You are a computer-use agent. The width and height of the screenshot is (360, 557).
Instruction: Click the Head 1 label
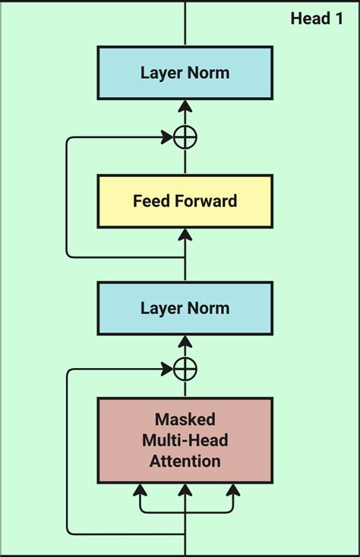[x=317, y=18]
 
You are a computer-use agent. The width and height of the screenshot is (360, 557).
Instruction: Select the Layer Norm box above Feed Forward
[x=185, y=74]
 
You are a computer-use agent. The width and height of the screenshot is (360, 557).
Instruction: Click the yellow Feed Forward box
[x=185, y=201]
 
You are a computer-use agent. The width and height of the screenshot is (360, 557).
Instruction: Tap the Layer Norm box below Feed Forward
[x=185, y=308]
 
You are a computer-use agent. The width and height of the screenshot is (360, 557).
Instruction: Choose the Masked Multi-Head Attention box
[x=185, y=440]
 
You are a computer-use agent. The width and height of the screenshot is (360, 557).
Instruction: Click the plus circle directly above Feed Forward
[x=185, y=138]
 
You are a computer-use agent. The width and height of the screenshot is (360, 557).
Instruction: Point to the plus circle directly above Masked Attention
[x=185, y=370]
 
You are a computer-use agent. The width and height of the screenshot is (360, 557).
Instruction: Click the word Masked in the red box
[x=185, y=420]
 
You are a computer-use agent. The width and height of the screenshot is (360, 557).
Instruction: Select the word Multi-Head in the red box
[x=185, y=440]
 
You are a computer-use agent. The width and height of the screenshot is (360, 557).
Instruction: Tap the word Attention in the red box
[x=185, y=461]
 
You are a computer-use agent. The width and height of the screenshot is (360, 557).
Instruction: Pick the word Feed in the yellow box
[x=150, y=201]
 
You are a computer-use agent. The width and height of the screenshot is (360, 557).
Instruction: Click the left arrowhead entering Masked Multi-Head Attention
[x=139, y=490]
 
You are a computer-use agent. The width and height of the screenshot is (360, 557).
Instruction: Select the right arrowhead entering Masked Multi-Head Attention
[x=232, y=490]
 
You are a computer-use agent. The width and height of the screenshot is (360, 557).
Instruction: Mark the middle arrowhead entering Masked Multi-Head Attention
[x=185, y=490]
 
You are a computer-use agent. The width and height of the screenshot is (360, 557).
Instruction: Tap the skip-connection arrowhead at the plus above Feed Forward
[x=167, y=138]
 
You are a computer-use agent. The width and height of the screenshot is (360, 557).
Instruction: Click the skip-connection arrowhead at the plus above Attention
[x=167, y=370]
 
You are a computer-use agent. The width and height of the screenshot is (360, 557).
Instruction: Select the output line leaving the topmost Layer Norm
[x=185, y=23]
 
